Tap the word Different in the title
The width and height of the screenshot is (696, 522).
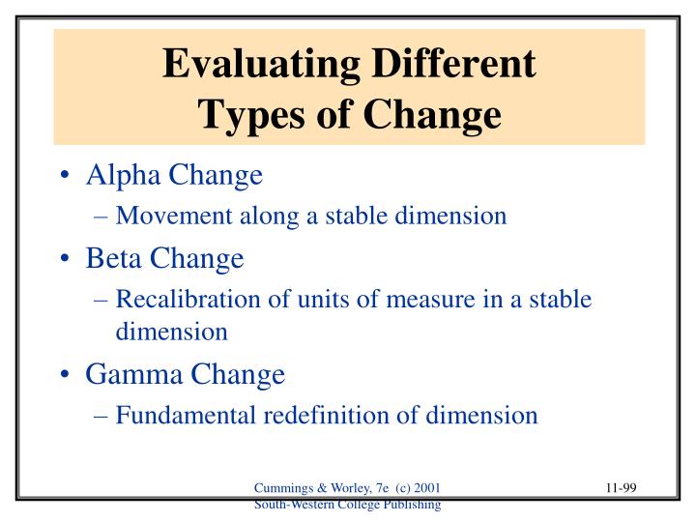point(453,64)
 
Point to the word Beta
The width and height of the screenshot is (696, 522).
point(115,259)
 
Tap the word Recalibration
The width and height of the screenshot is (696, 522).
point(184,300)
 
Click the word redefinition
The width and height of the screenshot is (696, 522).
point(346,415)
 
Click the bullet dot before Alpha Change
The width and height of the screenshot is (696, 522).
point(63,177)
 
